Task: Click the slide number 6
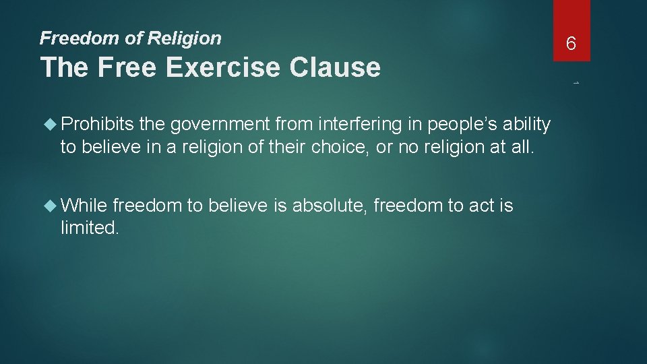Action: [571, 44]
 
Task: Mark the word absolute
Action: [328, 205]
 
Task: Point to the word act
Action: [482, 205]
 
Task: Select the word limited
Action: [90, 228]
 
